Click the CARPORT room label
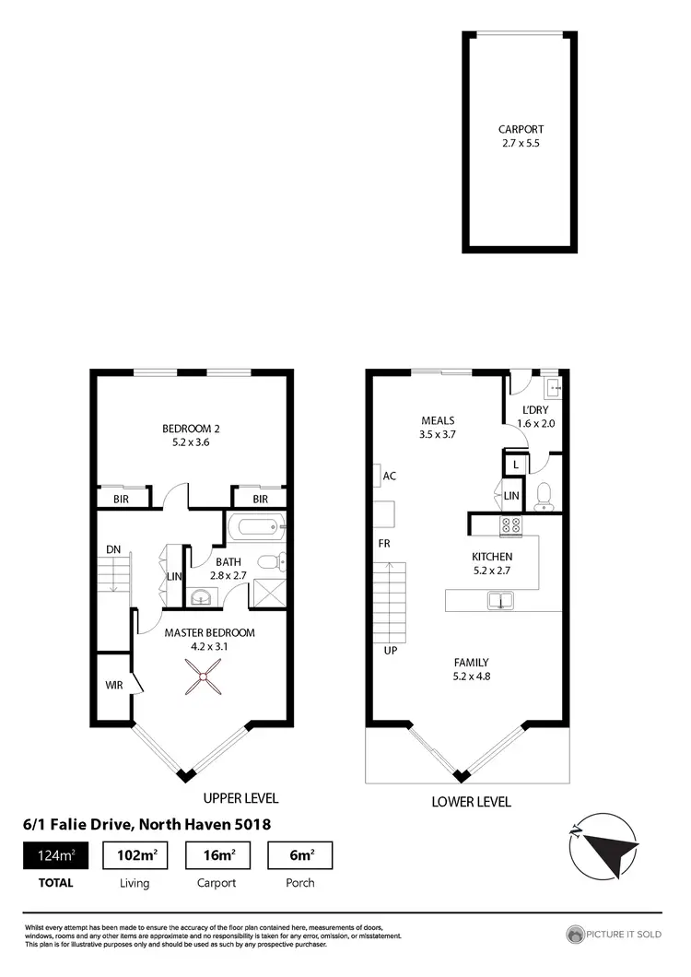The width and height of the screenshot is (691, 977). click(521, 130)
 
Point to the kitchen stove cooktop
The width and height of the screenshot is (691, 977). click(510, 527)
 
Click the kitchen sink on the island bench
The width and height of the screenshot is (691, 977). click(501, 601)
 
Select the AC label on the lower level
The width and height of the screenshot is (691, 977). click(389, 477)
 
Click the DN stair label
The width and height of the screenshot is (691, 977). click(113, 549)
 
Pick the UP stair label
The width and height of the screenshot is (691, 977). click(390, 650)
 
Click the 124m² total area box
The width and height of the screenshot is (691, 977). click(57, 855)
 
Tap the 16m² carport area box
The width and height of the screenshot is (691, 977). click(218, 855)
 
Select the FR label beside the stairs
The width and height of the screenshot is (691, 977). click(384, 544)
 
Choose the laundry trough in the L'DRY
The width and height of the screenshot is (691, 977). click(552, 385)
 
